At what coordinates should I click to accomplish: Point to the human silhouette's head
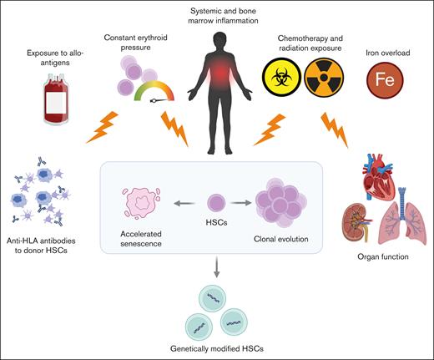[216, 39]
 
